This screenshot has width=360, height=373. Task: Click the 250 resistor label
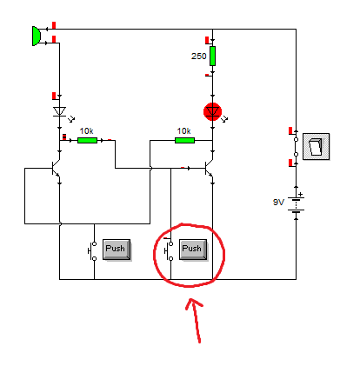(x=199, y=57)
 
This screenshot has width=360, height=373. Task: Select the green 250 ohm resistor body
(x=212, y=57)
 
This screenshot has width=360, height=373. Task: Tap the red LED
(x=212, y=110)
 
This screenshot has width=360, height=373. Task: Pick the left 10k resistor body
(x=87, y=139)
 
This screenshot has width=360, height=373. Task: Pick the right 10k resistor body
(x=183, y=139)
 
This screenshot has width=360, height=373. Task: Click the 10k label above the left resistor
(x=87, y=130)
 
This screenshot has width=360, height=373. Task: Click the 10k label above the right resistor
(x=183, y=130)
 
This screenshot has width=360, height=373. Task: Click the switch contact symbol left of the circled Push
(x=169, y=250)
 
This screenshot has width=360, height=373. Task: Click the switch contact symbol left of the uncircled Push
(x=92, y=250)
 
